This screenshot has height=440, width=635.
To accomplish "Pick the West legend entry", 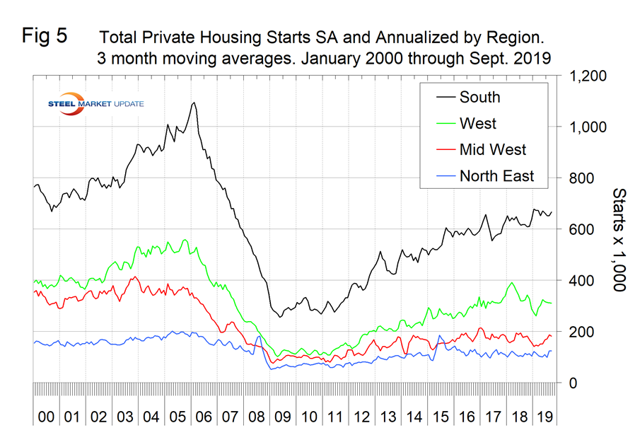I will point(478,123).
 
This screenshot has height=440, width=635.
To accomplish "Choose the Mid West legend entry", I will point(492,149).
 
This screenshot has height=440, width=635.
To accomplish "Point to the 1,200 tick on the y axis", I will point(585,76).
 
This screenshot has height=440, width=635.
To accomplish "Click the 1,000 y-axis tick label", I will point(585,127).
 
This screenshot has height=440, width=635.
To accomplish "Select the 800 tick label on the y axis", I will point(578,178).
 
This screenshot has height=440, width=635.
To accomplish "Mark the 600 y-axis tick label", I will point(578,229).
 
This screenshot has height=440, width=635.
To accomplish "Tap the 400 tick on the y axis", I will point(578,281).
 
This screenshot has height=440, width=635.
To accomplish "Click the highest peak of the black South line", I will point(193,103).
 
